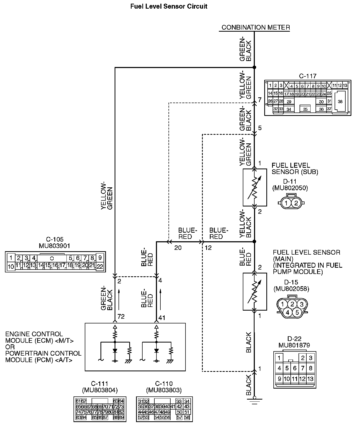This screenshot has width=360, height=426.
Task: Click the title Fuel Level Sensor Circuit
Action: coord(169,7)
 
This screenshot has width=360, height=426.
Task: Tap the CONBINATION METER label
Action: coord(256,27)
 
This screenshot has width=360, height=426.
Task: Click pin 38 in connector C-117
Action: coord(340,102)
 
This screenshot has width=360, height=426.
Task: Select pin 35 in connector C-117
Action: coord(305,109)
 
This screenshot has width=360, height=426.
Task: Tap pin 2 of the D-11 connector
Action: coord(296,203)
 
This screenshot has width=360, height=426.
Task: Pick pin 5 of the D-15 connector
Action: coord(297,312)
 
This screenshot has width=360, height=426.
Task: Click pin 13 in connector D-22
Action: coord(310,379)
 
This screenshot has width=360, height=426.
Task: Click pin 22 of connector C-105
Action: coord(100,267)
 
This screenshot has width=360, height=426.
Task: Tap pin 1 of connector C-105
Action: coord(10,257)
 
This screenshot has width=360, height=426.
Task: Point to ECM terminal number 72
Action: coord(121,317)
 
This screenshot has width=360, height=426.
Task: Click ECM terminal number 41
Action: coord(162,318)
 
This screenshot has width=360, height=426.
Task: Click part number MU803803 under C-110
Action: coord(164,390)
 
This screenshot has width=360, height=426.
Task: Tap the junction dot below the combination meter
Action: coord(254,68)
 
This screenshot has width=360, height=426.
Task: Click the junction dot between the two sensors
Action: coord(254,242)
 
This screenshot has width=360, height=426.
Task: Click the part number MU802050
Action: coord(290,188)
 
